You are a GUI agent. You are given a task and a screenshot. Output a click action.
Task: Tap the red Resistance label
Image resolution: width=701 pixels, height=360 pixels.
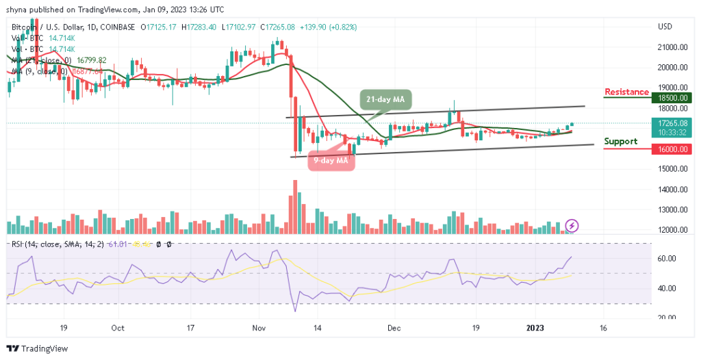pos(626,92)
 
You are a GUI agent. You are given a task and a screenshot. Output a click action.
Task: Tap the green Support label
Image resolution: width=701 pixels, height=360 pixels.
pos(621,142)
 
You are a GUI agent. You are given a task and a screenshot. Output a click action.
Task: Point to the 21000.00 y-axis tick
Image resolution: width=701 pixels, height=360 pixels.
pos(672,47)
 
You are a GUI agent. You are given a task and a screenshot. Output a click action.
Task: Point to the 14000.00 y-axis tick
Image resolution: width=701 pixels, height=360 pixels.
pos(672,190)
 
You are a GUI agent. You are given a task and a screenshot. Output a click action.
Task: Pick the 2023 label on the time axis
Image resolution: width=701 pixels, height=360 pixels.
pos(540,328)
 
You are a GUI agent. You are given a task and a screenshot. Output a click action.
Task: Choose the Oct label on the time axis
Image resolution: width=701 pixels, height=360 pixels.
pos(118,328)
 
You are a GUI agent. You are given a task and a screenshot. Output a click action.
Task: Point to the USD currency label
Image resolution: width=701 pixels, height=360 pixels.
pos(664,27)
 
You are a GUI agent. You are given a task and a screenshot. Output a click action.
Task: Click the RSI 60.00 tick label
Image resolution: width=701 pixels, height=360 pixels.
pos(667,258)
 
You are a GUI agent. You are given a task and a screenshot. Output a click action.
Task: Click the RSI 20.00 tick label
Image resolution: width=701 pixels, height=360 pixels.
pos(667,317)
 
